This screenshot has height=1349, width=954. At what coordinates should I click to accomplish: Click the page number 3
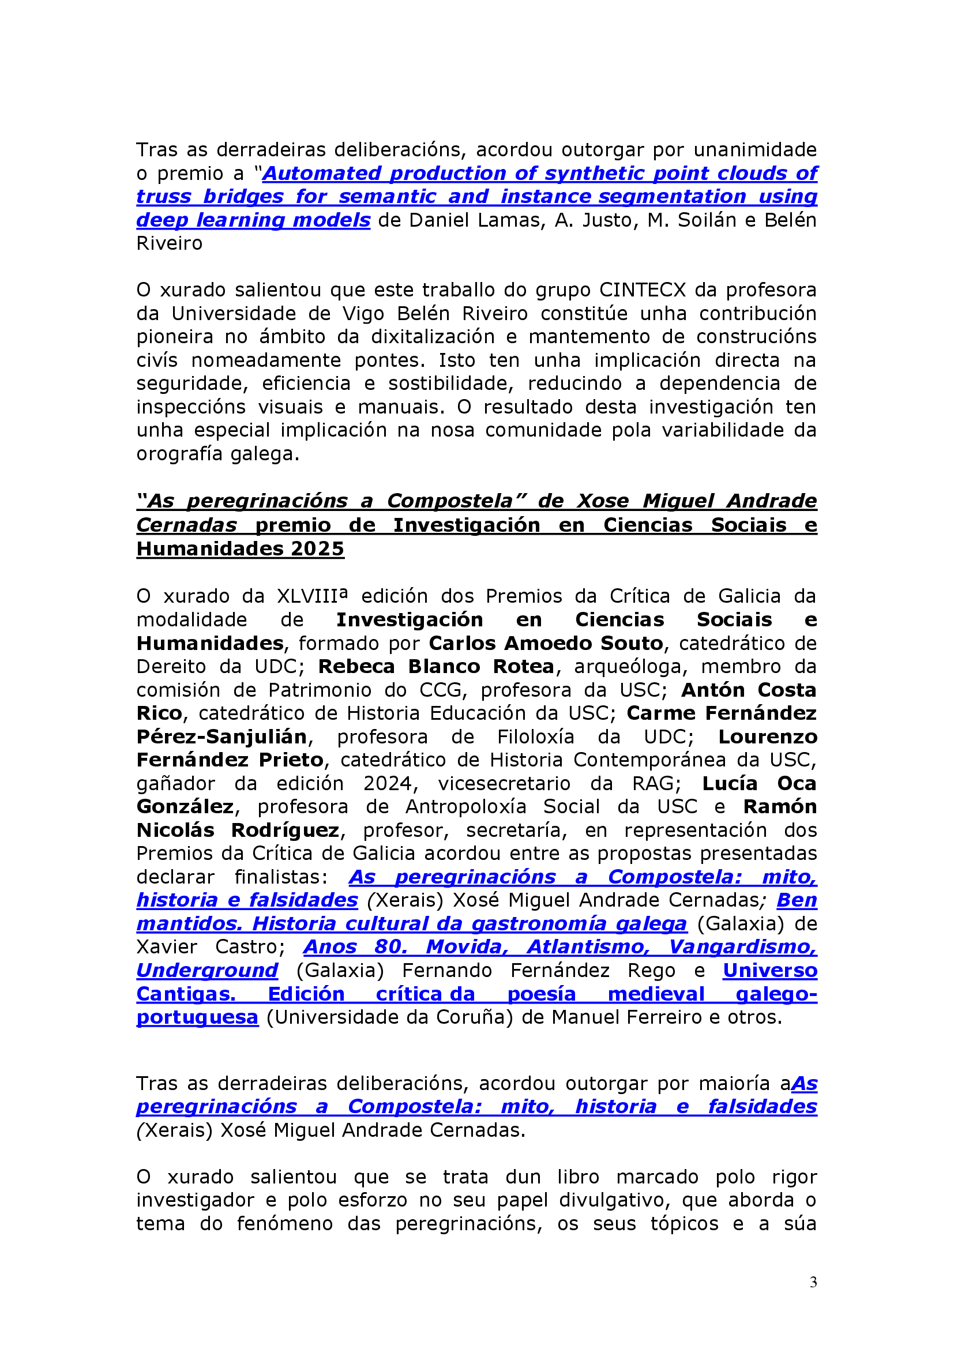point(813,1282)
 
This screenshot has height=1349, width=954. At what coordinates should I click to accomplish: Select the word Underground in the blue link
point(208,970)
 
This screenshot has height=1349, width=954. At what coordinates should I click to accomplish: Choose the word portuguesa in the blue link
point(197,1017)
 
